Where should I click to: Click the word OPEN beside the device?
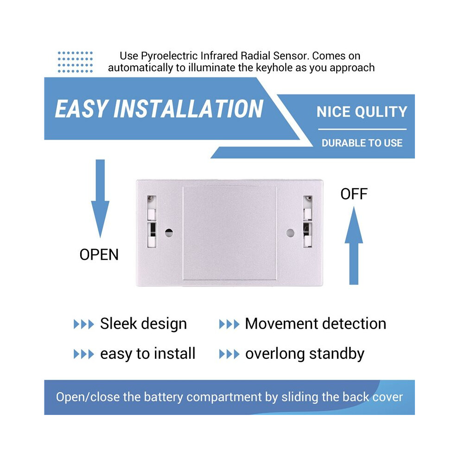pos(99,255)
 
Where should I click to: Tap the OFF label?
pos(354,194)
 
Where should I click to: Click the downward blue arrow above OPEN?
pos(100,198)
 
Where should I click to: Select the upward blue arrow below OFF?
pos(354,245)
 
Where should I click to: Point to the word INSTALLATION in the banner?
pos(188,109)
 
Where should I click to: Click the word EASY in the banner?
pos(81,109)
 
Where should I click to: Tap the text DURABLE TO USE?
pos(362,143)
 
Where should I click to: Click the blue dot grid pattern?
pos(75,62)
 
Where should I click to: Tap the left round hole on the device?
pos(169,233)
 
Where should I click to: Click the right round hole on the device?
pos(290,233)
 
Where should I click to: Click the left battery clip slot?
pos(151,222)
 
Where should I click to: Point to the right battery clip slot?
pos(307,222)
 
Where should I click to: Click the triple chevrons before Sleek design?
pos(84,324)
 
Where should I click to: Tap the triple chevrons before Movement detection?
pos(229,324)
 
